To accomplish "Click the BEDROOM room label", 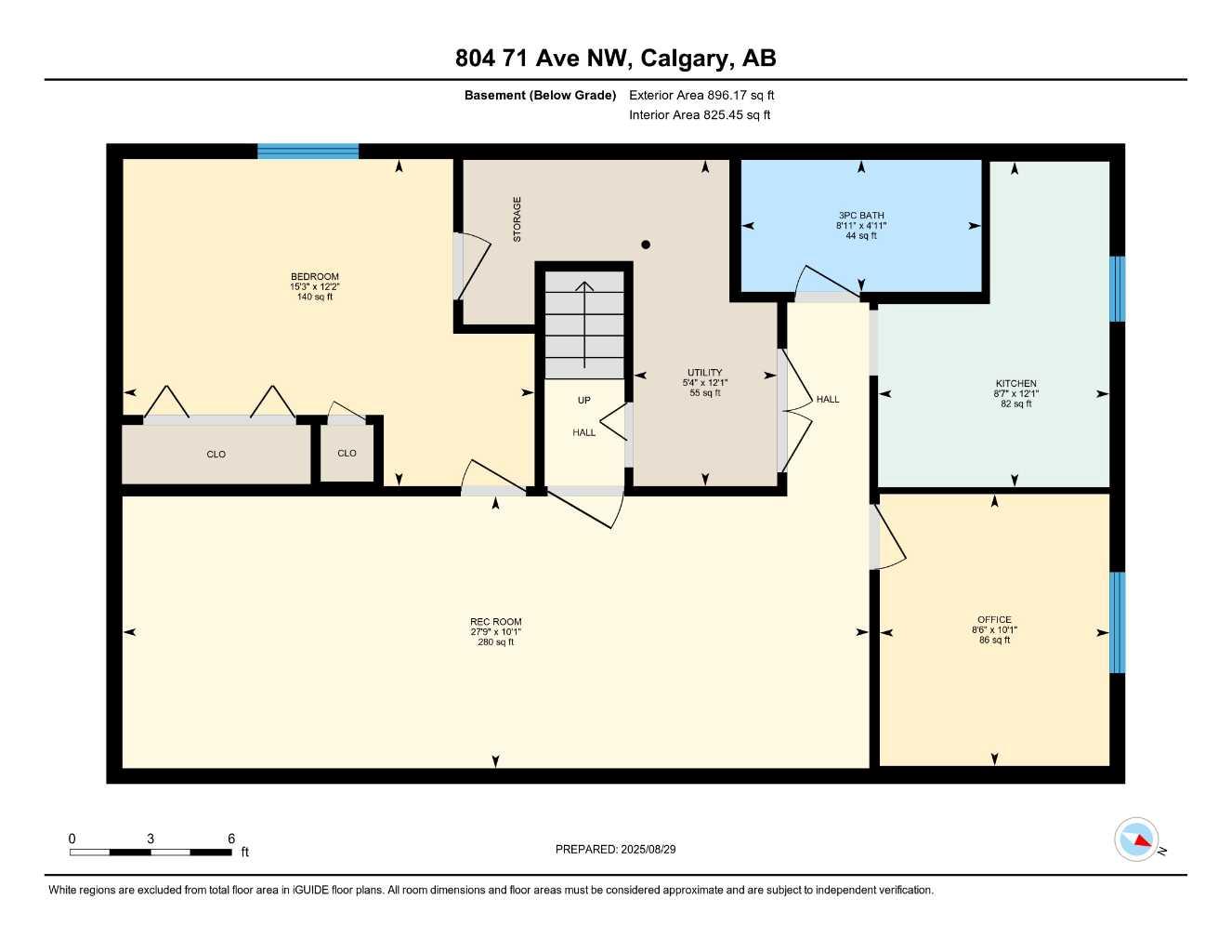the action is tap(314, 276).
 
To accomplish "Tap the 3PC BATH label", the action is tap(861, 216).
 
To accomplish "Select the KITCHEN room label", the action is tap(1015, 384).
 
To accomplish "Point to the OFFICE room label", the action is tap(994, 619).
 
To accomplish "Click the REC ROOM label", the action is tap(496, 622).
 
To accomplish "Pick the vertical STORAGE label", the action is tap(517, 219).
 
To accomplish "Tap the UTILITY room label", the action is tap(705, 372).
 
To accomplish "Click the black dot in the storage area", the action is tap(646, 245).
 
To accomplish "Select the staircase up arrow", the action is tap(584, 325).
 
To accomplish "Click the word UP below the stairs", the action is tap(584, 400).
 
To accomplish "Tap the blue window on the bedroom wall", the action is tap(308, 152).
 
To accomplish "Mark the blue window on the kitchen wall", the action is tap(1117, 289).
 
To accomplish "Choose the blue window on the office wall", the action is tap(1117, 622).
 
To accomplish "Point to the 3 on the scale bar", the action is tap(151, 839).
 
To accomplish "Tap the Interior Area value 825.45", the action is tap(723, 115).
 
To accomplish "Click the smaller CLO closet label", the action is tap(347, 454).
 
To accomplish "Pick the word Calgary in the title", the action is tap(684, 59).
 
